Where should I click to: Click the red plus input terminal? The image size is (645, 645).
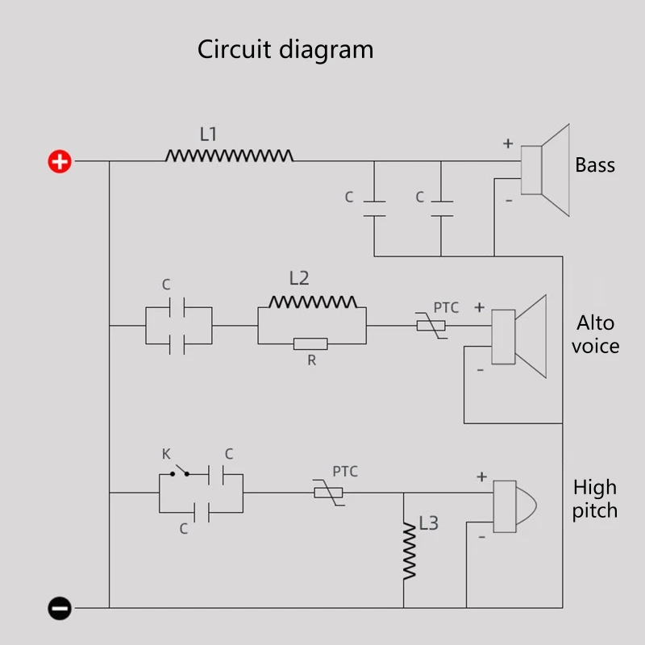(x=60, y=161)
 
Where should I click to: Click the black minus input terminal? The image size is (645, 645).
(x=60, y=608)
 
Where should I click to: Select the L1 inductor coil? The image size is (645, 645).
(x=229, y=155)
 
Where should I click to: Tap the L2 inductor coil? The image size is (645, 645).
(x=313, y=302)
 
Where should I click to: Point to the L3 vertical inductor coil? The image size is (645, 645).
(x=410, y=552)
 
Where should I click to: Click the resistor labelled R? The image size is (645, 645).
(x=310, y=343)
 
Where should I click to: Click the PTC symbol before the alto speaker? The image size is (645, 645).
(x=431, y=326)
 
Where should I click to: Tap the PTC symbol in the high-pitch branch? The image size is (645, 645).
(x=329, y=492)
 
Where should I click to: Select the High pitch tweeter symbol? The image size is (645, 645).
(x=514, y=506)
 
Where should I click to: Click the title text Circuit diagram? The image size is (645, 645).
(x=285, y=50)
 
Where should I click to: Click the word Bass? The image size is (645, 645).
(x=595, y=165)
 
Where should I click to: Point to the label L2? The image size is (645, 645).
(x=299, y=278)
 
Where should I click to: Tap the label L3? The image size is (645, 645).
(x=429, y=523)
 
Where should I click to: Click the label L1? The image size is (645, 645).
(x=208, y=134)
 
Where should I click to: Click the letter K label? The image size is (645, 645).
(x=166, y=454)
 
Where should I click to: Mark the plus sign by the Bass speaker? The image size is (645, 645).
(x=508, y=144)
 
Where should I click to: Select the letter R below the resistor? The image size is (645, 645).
(x=312, y=360)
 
